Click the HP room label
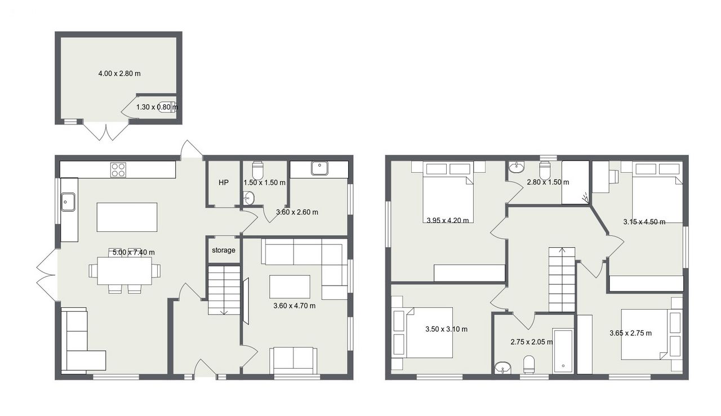click(x=224, y=183)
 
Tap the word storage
click(x=224, y=250)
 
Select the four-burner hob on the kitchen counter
click(x=118, y=170)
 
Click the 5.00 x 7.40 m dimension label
click(x=133, y=252)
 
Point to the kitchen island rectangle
click(x=127, y=217)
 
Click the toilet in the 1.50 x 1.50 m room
click(x=258, y=171)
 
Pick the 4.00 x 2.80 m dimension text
click(x=119, y=73)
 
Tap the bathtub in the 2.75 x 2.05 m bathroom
click(x=563, y=351)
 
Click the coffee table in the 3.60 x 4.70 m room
click(x=290, y=287)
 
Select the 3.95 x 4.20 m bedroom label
click(x=448, y=221)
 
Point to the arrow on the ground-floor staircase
click(x=224, y=311)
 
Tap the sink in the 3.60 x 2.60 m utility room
click(x=319, y=168)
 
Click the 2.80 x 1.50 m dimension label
click(x=548, y=182)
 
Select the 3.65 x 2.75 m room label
click(x=630, y=333)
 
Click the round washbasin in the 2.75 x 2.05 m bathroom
click(x=503, y=368)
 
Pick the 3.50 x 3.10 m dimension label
click(x=447, y=329)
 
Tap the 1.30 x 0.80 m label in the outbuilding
click(x=157, y=107)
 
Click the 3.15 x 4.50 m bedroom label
click(x=644, y=222)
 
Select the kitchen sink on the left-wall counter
click(x=68, y=202)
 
